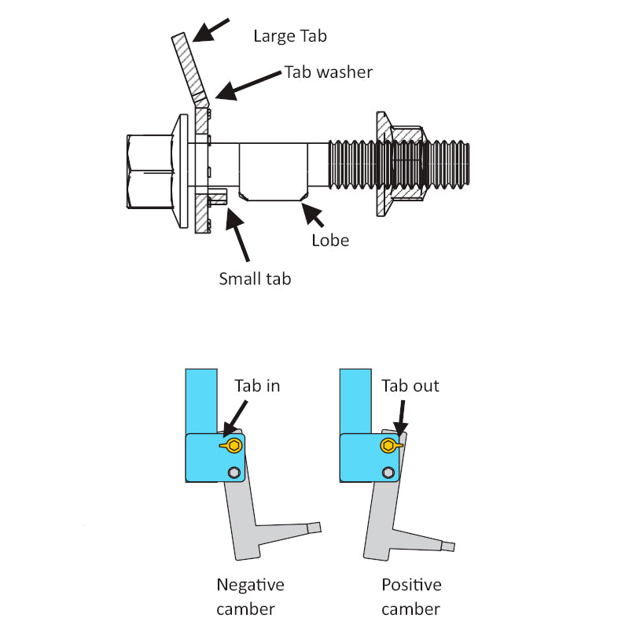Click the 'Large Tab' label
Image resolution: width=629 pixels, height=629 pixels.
(289, 36)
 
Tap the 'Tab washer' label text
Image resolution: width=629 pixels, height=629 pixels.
(328, 72)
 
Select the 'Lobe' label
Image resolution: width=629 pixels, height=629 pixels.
(329, 241)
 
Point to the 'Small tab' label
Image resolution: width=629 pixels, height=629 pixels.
(255, 278)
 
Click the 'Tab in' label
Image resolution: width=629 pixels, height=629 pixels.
(257, 386)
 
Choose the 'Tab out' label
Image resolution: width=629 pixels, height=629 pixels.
(410, 386)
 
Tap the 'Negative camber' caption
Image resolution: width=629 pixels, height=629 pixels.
(250, 597)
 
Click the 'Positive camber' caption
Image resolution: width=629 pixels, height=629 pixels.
(411, 597)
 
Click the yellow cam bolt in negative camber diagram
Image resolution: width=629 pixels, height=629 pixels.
(231, 447)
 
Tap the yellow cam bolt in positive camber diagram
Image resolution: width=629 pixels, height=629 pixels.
(389, 447)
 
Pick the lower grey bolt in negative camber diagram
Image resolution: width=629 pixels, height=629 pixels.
(233, 473)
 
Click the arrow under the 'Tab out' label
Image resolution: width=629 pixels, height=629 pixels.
(401, 416)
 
